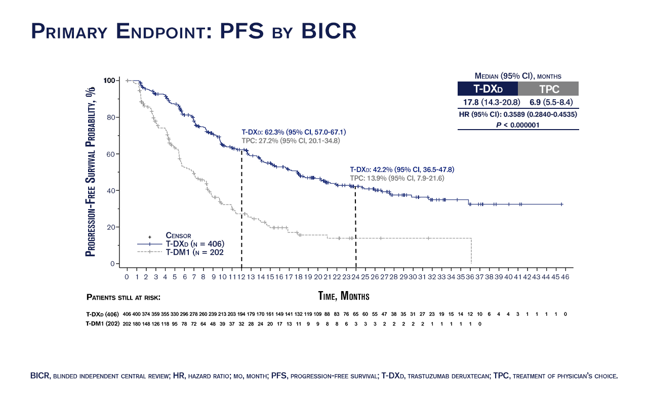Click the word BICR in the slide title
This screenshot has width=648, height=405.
point(330,31)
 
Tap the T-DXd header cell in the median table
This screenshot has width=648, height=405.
point(488,90)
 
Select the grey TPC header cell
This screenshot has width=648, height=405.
point(548,90)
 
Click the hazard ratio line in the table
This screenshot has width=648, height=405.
point(518,114)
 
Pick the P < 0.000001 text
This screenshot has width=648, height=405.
point(518,125)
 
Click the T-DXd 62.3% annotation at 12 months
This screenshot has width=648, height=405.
point(294,132)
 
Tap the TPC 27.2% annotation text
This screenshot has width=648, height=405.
point(290,140)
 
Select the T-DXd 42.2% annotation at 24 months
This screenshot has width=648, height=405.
point(402,170)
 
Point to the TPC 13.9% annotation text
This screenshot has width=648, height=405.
point(397,178)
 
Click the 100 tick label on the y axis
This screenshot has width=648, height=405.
point(110,80)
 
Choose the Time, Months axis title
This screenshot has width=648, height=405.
point(343,296)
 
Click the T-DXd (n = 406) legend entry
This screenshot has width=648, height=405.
point(194,244)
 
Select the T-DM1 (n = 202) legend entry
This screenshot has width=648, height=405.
point(194,252)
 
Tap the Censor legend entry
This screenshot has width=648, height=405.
point(178,235)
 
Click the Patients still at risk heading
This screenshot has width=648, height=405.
point(124,297)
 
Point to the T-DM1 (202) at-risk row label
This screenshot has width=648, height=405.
point(103,323)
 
